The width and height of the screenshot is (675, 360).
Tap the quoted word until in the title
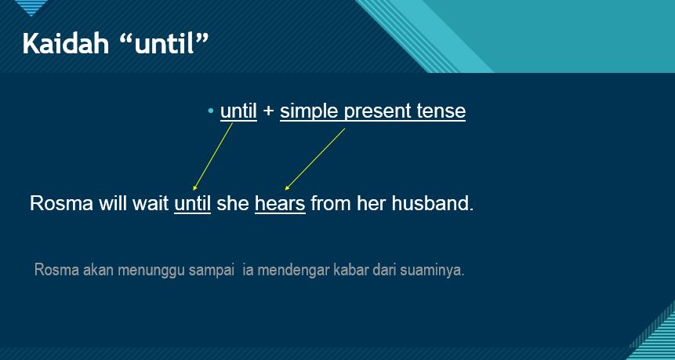(170, 44)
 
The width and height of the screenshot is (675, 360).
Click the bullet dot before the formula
(211, 111)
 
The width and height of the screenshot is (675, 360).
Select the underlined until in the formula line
(238, 111)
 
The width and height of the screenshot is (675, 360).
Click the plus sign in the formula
(269, 111)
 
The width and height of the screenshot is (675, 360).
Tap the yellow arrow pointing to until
(212, 156)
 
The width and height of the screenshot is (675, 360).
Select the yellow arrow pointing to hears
(314, 159)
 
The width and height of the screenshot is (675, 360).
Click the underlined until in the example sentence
(192, 204)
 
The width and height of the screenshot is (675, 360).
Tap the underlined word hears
(280, 204)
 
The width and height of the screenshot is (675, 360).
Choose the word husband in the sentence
(432, 204)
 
